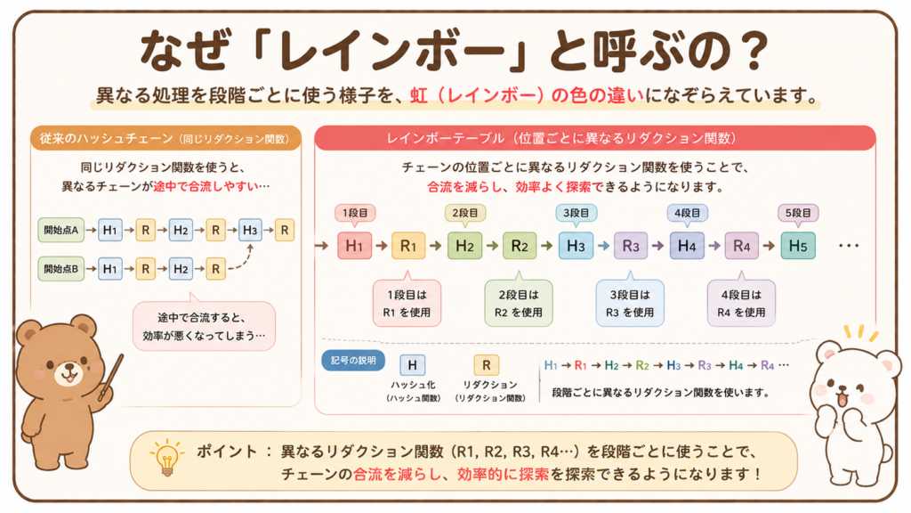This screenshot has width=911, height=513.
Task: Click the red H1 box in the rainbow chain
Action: [354, 246]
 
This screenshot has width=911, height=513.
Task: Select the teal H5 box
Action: [798, 246]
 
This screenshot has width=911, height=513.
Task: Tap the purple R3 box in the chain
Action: [631, 246]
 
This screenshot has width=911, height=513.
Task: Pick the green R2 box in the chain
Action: [520, 246]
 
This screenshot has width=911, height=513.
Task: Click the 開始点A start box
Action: [61, 230]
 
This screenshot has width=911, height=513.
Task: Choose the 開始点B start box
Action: [61, 269]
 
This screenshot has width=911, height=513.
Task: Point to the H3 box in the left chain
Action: [250, 230]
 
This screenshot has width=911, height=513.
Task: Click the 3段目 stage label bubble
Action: [576, 214]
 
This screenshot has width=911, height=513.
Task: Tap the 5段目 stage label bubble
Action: [798, 214]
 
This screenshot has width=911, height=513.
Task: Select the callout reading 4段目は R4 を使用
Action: [741, 303]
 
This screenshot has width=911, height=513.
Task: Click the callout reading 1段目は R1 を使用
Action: [407, 303]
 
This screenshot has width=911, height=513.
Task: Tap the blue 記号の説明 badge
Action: [353, 361]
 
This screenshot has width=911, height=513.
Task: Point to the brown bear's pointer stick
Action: [111, 377]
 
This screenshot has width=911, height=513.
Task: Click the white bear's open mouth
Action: [842, 400]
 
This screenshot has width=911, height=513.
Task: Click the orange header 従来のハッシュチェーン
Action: [165, 138]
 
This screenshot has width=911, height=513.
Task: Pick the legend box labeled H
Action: [413, 364]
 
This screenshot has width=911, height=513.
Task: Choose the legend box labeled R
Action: [487, 364]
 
